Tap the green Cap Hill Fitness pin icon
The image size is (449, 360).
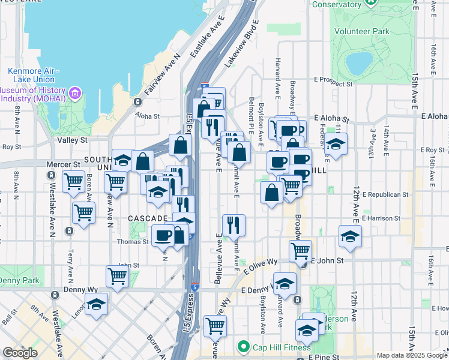pos(243,346)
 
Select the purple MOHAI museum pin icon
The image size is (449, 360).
pos(75,93)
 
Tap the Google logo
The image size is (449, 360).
pos(20,353)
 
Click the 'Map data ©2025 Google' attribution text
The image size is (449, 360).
pos(412,355)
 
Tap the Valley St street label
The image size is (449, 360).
pos(73,140)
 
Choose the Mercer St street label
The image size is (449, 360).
pos(68,163)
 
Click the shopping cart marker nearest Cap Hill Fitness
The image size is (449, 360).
pos(215,325)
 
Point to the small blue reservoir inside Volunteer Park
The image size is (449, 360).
pos(359,61)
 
